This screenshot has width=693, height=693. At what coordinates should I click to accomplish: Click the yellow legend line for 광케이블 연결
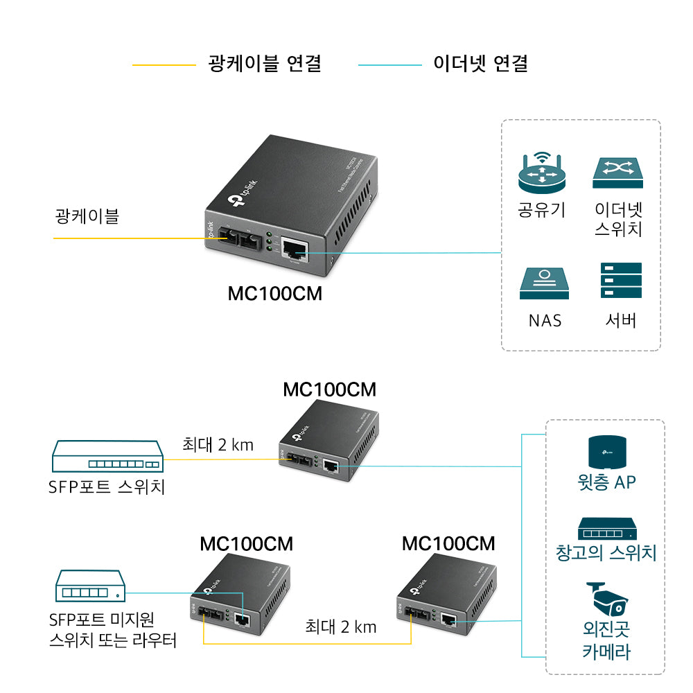click(164, 65)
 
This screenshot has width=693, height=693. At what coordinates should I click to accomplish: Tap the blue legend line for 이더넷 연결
click(389, 65)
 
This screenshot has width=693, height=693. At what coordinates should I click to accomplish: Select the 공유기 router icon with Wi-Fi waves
click(542, 173)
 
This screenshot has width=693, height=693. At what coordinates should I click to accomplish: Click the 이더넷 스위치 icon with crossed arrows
click(617, 173)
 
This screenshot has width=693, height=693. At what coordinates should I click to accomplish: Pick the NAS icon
click(544, 284)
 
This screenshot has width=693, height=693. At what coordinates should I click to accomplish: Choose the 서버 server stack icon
click(621, 281)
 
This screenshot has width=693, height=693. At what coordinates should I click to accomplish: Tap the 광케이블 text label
click(87, 216)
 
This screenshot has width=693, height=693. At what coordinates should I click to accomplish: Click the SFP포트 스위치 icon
click(107, 459)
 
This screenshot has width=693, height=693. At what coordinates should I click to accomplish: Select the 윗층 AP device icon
click(606, 453)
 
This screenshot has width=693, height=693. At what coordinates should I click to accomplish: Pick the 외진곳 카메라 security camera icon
click(606, 600)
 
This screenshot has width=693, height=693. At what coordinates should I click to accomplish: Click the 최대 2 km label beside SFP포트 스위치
click(218, 444)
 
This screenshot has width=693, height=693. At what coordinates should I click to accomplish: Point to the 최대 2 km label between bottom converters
click(341, 626)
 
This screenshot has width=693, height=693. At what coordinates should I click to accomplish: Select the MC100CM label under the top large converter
click(275, 294)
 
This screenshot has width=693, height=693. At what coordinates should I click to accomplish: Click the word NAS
click(545, 320)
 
